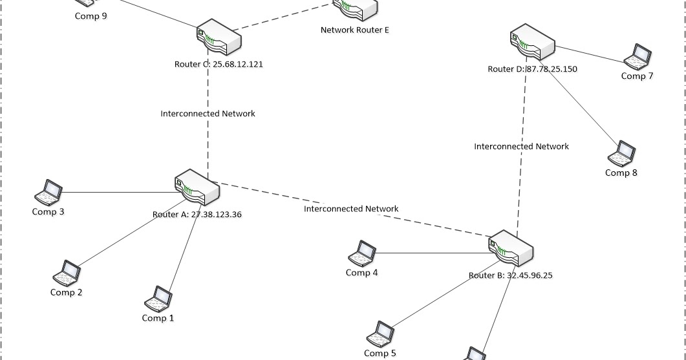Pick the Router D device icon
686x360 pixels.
point(532,43)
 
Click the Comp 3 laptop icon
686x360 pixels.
point(48,193)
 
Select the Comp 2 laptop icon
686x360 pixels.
point(67,273)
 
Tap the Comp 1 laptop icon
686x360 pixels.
point(158,299)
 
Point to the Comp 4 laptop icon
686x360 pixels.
point(362,254)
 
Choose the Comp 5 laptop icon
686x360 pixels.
point(380,335)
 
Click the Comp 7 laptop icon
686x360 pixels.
point(638,58)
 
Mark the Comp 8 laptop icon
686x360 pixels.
point(622,154)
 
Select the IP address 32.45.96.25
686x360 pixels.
point(530,275)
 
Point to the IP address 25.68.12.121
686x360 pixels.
point(237,65)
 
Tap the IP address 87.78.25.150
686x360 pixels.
point(553,69)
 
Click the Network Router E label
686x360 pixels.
point(355,30)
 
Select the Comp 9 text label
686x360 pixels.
point(91,16)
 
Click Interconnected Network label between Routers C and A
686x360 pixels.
point(208,114)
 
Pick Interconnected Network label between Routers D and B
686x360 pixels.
point(521,147)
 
